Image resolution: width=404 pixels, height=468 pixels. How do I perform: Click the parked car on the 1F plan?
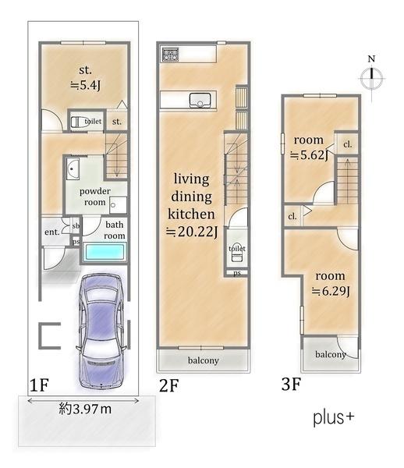[x=101, y=331]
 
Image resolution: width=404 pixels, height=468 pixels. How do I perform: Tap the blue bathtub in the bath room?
[x=105, y=252]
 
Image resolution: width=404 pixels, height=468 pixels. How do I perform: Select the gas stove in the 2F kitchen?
[x=170, y=55]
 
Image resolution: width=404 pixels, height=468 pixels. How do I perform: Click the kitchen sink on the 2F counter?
[x=200, y=100]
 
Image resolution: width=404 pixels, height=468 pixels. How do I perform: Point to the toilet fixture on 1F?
[x=78, y=122]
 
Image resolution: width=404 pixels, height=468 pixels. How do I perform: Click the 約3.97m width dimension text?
[x=85, y=409]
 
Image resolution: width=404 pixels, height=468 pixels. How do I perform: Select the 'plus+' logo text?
[x=334, y=417]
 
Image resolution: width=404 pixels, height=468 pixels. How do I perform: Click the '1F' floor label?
[x=39, y=385]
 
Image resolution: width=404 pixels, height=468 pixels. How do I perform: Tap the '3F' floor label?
[x=291, y=384]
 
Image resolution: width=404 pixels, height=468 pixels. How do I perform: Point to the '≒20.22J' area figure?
[x=192, y=232]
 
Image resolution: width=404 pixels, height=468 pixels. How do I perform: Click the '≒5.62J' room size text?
[x=309, y=155]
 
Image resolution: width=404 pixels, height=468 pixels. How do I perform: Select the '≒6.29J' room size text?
[x=331, y=291]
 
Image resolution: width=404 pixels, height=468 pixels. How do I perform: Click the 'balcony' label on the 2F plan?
[x=204, y=360]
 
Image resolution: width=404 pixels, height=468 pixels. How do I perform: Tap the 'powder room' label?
[x=95, y=197]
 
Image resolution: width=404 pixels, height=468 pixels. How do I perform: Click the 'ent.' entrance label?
[x=52, y=232]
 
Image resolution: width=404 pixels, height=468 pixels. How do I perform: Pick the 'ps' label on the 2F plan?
[x=237, y=273]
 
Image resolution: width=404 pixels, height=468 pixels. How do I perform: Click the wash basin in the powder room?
[x=73, y=168]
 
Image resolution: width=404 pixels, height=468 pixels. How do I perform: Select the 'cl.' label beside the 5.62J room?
[x=348, y=144]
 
